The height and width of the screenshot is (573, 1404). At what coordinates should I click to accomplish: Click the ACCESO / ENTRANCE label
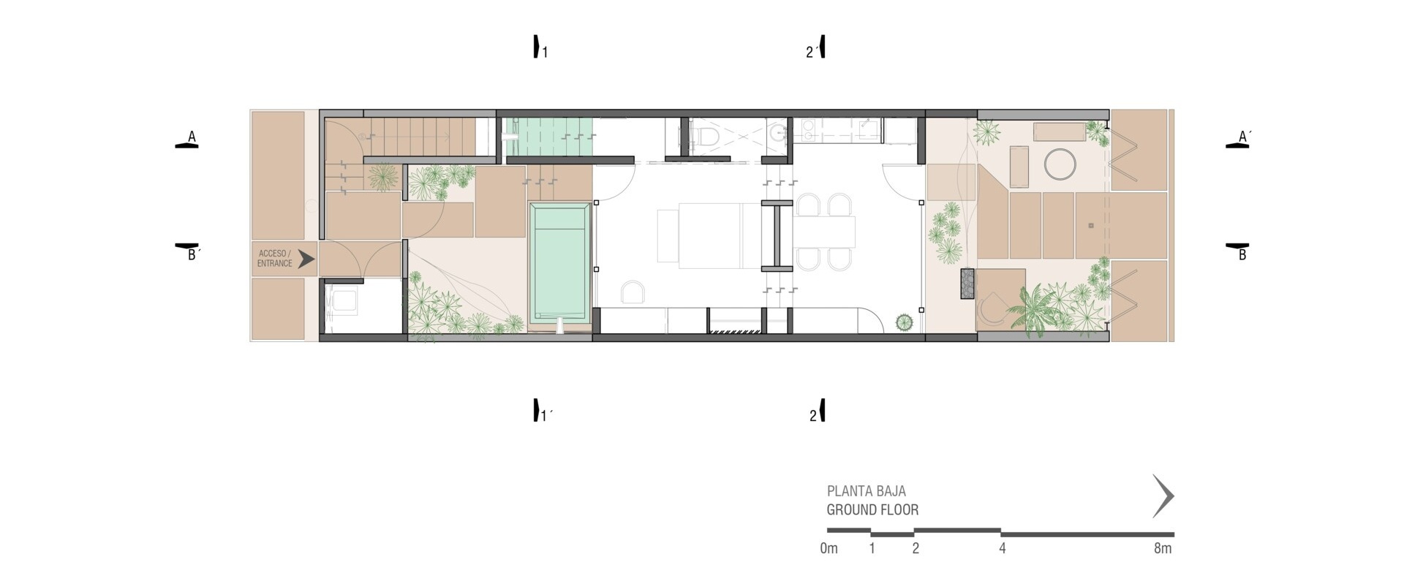(x=275, y=259)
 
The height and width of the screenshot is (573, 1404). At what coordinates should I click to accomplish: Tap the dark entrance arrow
(x=306, y=258)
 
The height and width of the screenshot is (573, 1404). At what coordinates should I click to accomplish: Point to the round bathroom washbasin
(x=777, y=132)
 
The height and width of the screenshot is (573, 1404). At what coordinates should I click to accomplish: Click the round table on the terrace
(x=1060, y=163)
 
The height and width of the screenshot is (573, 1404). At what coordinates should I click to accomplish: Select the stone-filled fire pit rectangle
(x=968, y=283)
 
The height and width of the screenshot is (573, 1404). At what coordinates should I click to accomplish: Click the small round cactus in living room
(x=905, y=322)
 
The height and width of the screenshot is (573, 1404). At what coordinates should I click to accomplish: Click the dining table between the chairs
(x=826, y=231)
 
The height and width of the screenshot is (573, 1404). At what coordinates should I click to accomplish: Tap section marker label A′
(x=1245, y=137)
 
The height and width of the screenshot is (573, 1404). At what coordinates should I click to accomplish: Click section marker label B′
(x=194, y=255)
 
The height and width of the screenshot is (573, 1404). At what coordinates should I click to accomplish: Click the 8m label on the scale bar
(x=1163, y=548)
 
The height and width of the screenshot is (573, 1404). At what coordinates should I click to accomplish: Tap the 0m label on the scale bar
(x=829, y=548)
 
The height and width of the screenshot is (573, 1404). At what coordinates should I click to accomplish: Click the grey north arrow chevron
(x=1163, y=496)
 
